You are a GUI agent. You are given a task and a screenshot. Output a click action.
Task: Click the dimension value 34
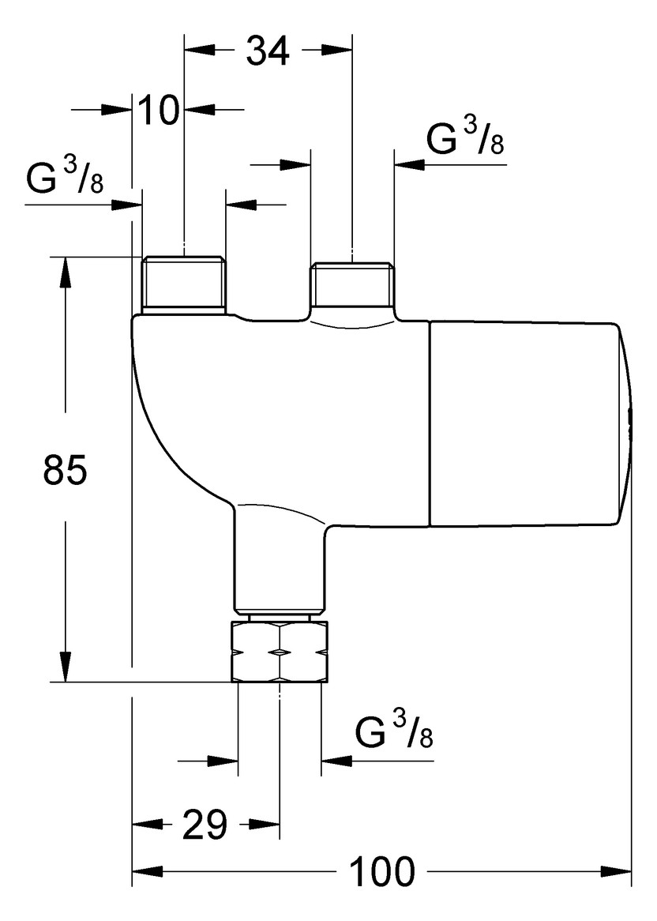pyautogui.click(x=268, y=52)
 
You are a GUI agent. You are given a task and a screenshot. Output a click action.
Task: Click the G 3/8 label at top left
pyautogui.click(x=65, y=179)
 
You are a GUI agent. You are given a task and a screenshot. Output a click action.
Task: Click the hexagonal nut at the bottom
pyautogui.click(x=280, y=652)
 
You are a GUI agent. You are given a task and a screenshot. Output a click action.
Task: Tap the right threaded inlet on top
pyautogui.click(x=352, y=286)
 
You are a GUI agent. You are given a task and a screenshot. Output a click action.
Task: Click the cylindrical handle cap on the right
pyautogui.click(x=525, y=425)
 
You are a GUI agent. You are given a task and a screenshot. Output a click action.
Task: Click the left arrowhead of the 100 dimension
pyautogui.click(x=146, y=872)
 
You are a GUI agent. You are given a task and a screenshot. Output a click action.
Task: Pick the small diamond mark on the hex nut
pyautogui.click(x=280, y=652)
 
